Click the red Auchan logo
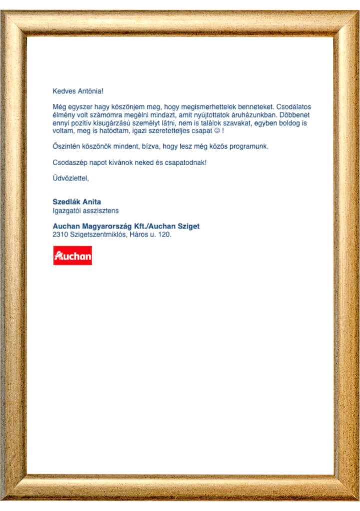(x=72, y=255)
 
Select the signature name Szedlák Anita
(x=77, y=202)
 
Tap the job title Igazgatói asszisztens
(x=85, y=211)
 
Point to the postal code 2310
(x=60, y=234)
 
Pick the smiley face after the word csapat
(x=216, y=131)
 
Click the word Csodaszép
(x=69, y=163)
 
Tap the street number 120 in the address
(x=165, y=234)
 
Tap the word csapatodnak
(x=187, y=163)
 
